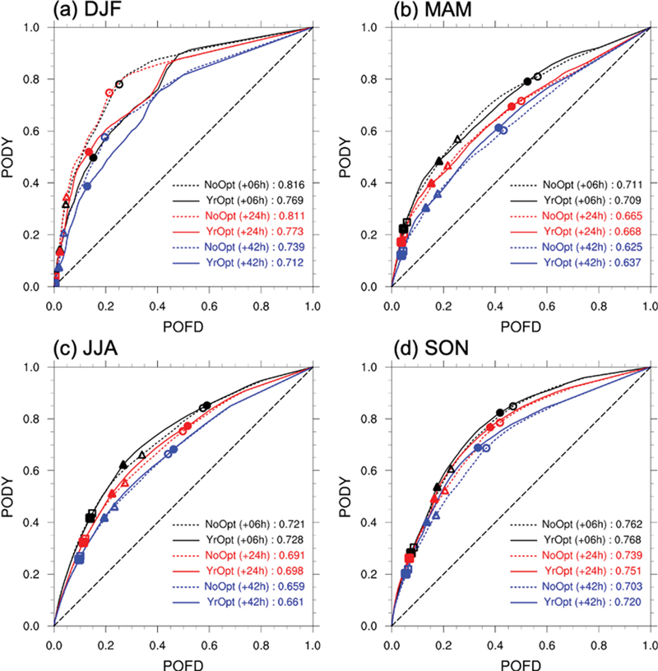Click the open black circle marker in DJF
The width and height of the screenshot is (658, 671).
119,85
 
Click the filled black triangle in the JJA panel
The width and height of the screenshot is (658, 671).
123,465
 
